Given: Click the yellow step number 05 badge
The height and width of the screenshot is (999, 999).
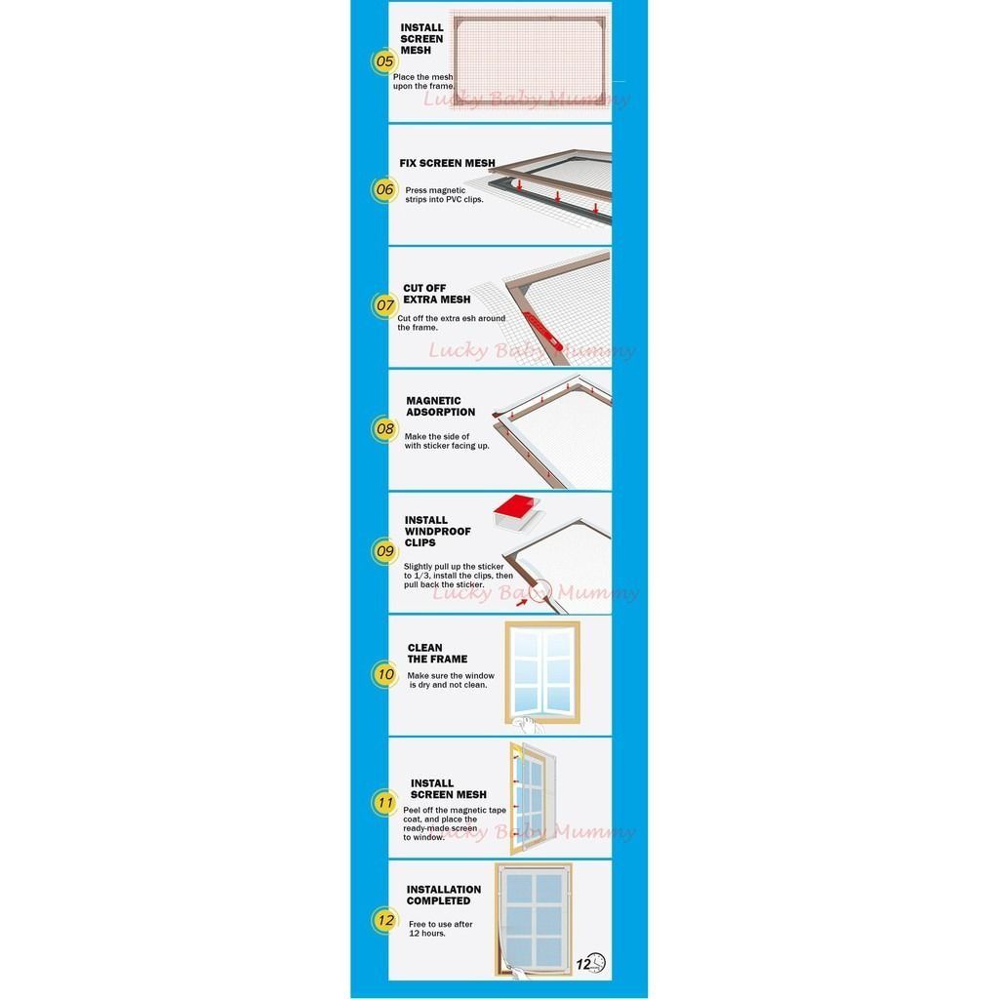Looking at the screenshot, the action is [x=384, y=61].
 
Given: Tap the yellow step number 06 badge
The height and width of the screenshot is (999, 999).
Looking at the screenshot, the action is [x=384, y=189].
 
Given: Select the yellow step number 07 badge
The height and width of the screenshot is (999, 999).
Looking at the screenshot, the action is [x=384, y=305].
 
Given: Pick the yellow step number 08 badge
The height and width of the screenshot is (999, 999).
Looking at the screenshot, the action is [x=384, y=429].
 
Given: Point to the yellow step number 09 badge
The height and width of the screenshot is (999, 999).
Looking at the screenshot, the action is [x=384, y=551].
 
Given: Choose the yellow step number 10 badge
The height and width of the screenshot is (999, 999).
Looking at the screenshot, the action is [x=384, y=674].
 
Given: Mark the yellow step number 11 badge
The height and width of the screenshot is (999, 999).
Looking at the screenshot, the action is [x=384, y=802].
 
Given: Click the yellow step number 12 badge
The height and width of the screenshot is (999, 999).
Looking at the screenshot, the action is [x=384, y=920].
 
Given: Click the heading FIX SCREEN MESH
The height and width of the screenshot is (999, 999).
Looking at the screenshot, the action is [x=447, y=163].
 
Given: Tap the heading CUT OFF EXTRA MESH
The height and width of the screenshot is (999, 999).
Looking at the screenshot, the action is [x=436, y=294].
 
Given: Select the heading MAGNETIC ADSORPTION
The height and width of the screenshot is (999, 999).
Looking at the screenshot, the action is [x=440, y=407].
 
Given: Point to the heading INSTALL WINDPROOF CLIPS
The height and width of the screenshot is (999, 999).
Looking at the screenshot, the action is [x=438, y=532].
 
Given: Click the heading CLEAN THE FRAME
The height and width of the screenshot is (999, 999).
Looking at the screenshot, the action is [x=437, y=653].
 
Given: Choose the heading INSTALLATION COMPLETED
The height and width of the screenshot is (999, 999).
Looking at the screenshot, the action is [x=444, y=896].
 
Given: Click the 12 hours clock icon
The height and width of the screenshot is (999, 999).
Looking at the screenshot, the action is [x=590, y=963].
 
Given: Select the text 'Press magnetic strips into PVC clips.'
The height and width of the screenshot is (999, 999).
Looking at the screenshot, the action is [x=444, y=195].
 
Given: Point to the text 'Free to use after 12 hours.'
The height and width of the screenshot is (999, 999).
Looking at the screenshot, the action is [x=440, y=929].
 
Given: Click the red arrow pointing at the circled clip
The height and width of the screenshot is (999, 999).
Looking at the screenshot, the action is [x=522, y=601].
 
